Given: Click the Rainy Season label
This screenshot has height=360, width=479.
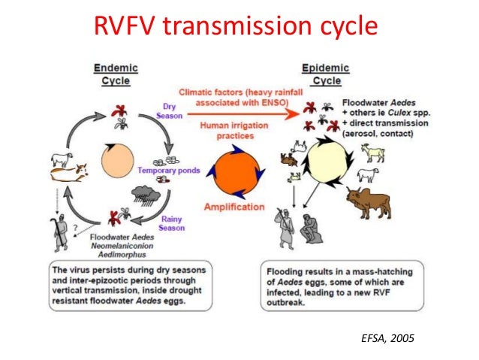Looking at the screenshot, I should (173, 222).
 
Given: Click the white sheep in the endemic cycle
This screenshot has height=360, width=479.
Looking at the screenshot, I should (61, 159).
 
